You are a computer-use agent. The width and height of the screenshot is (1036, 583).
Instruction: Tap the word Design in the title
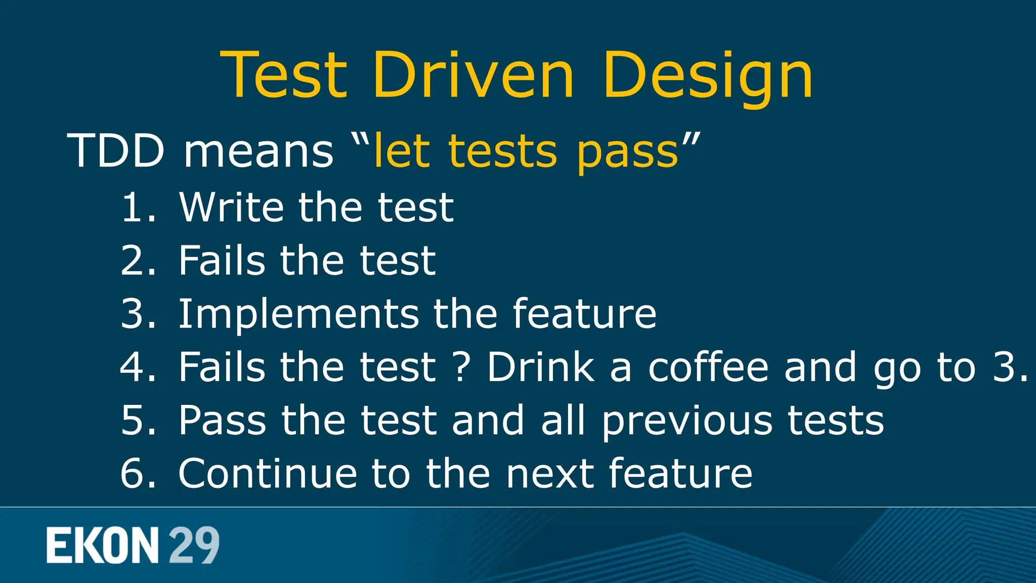[707, 76]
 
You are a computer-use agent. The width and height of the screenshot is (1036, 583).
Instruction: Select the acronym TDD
[116, 151]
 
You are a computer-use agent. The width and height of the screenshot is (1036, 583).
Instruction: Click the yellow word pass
[627, 152]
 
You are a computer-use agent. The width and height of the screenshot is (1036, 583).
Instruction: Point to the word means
[258, 152]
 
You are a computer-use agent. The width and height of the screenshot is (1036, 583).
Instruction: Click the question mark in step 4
[461, 367]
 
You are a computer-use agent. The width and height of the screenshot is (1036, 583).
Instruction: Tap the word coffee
[708, 367]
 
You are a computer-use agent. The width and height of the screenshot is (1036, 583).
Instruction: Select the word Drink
[541, 367]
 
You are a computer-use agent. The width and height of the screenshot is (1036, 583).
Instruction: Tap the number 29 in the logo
[194, 546]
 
